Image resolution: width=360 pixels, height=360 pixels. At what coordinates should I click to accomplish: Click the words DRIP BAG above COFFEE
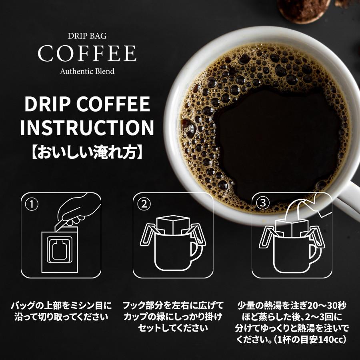click(87, 36)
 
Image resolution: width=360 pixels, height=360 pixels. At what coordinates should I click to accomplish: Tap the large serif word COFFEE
click(87, 54)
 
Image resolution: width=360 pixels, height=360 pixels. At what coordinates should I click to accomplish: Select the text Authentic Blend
click(87, 72)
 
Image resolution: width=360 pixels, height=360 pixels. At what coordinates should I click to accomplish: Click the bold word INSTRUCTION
click(87, 128)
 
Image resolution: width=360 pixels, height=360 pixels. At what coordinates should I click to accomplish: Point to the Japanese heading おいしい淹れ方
click(87, 152)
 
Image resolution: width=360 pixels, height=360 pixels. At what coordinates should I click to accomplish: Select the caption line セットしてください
click(173, 328)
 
